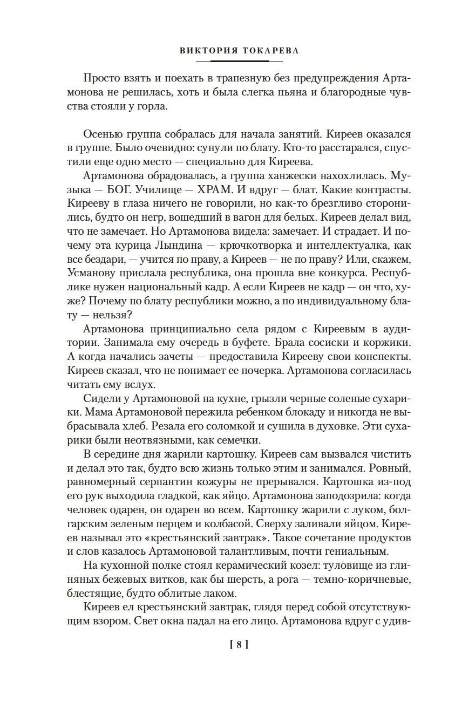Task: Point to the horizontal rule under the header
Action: click(x=231, y=61)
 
